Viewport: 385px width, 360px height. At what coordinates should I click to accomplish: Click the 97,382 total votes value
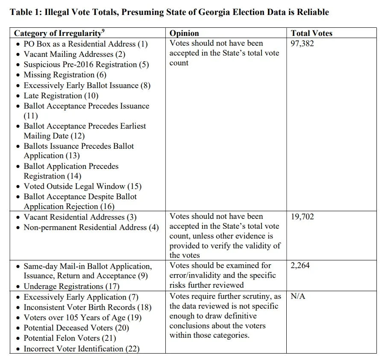302,44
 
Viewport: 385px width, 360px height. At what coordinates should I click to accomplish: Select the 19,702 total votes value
302,217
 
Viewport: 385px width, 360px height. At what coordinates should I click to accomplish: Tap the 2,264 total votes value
300,266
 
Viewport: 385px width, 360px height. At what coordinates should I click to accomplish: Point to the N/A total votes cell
298,296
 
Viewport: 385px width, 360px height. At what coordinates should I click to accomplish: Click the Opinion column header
184,33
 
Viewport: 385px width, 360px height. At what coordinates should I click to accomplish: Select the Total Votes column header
312,33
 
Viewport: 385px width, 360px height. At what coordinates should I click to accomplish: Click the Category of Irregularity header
58,33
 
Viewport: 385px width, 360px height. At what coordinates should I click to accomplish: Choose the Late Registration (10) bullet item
61,96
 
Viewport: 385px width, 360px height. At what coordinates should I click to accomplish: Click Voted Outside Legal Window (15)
82,186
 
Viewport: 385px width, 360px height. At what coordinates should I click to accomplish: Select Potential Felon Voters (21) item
70,338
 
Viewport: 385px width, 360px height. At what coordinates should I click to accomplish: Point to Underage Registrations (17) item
71,286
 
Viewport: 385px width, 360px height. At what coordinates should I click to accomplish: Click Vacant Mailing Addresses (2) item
74,54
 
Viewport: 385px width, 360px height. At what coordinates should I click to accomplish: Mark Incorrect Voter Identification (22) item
81,349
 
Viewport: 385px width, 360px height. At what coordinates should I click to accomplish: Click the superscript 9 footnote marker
104,31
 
